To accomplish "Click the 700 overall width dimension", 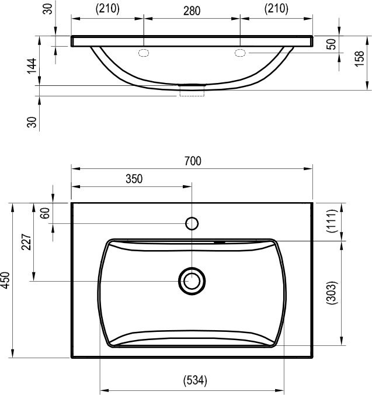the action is coord(193,161).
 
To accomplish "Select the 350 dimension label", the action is coord(134,179).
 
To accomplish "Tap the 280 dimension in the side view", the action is coord(192,11).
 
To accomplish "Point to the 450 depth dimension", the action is coord(5,280).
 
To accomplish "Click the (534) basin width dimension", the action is coord(195,380).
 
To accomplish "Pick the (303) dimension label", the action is coord(332,293).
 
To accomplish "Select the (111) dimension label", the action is coord(332,221).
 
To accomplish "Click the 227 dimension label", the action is coord(26,242).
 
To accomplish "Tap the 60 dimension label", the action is coord(45,213).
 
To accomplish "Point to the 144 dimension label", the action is coord(32,66).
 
